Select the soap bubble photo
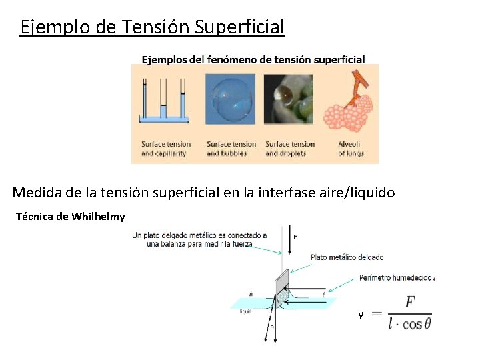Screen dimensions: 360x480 click(x=230, y=99)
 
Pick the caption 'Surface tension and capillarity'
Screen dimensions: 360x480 click(x=165, y=148)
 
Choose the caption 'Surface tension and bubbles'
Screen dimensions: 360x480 click(x=231, y=148)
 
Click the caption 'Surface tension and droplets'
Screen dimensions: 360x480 click(x=289, y=148)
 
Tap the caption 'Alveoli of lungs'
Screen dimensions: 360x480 click(x=351, y=148)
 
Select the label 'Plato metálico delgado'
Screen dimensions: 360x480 click(x=347, y=257)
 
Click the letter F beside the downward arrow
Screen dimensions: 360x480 click(x=295, y=236)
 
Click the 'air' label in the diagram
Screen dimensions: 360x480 click(x=251, y=293)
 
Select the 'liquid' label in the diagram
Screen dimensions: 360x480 click(x=245, y=313)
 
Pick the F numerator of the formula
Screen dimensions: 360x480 click(x=409, y=303)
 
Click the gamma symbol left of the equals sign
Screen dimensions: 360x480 click(x=361, y=314)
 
